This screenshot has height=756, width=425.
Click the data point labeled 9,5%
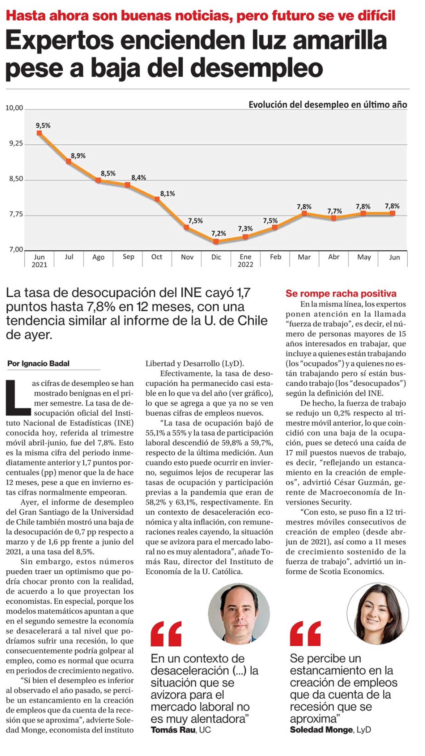point(39,133)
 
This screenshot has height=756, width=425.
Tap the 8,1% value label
point(168,194)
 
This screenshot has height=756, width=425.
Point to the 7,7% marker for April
point(333,218)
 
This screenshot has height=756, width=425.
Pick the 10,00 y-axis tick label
point(14,108)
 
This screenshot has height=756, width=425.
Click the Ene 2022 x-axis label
point(245,261)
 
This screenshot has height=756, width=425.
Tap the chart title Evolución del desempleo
point(328,105)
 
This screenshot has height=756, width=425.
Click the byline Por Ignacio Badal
point(38,364)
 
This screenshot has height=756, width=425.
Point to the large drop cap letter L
point(18,398)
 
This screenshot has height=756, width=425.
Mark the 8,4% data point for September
point(127,185)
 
